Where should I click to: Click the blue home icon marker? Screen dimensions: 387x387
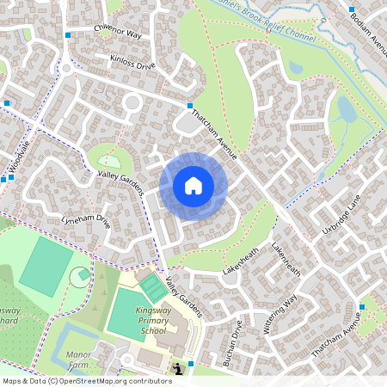tap(193, 186)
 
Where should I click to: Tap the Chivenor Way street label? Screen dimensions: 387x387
tap(118, 34)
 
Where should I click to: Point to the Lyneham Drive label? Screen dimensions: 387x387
tap(86, 220)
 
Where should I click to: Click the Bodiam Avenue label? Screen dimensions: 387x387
tap(369, 34)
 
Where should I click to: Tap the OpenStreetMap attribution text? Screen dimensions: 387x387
tap(87, 380)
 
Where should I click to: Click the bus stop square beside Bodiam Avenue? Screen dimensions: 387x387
tap(352, 9)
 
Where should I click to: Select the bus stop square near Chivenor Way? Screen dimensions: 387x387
tap(68, 35)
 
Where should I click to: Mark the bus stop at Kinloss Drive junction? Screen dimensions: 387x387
tap(190, 105)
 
